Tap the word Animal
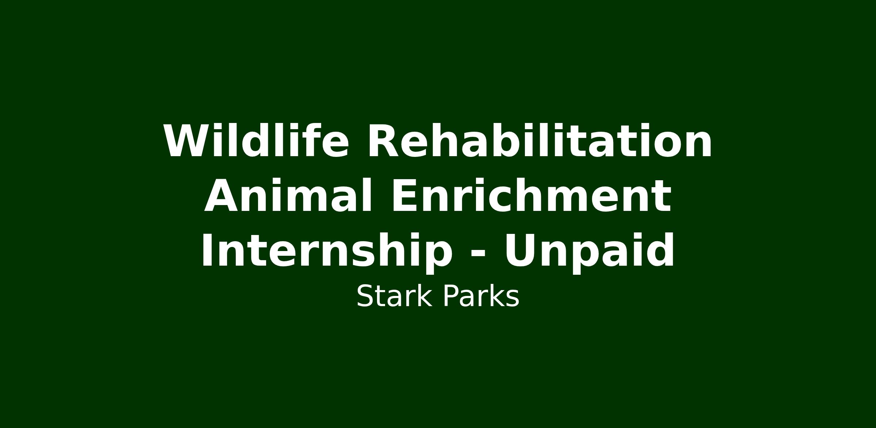coord(288,196)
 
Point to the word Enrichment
coord(531,196)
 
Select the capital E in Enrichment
coord(404,196)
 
